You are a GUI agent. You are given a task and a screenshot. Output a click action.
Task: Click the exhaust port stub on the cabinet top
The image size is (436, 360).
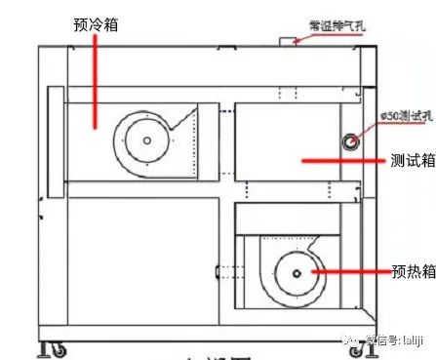[x=290, y=39]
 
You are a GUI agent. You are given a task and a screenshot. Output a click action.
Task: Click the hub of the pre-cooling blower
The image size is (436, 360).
[x=145, y=140]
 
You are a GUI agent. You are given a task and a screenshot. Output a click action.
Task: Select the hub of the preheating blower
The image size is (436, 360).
[x=290, y=272]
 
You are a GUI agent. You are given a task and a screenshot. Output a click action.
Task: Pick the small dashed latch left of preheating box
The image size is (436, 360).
[x=218, y=270]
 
